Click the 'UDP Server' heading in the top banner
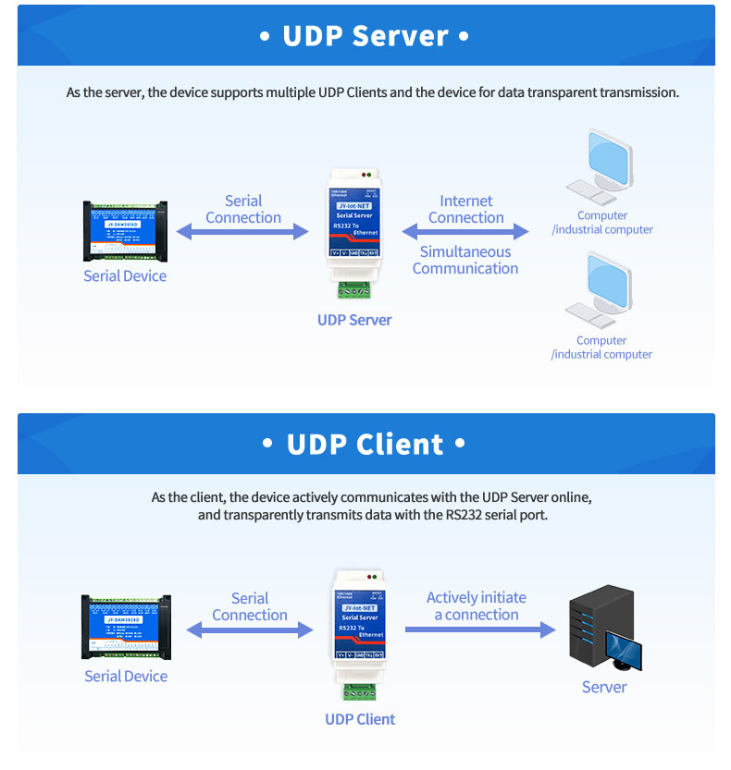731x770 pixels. (x=365, y=36)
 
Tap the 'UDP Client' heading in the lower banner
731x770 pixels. (x=365, y=445)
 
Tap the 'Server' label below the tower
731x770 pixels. (x=604, y=687)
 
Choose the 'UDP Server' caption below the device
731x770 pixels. (x=354, y=320)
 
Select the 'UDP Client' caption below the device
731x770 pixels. (x=360, y=719)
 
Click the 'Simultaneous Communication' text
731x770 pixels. (x=465, y=260)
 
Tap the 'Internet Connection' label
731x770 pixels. (x=466, y=209)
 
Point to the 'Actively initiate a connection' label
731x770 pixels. (x=477, y=606)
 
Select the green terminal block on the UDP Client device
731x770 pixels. (x=359, y=690)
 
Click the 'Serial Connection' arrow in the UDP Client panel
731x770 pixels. (x=250, y=630)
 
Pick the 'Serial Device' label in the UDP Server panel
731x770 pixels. (x=125, y=275)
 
